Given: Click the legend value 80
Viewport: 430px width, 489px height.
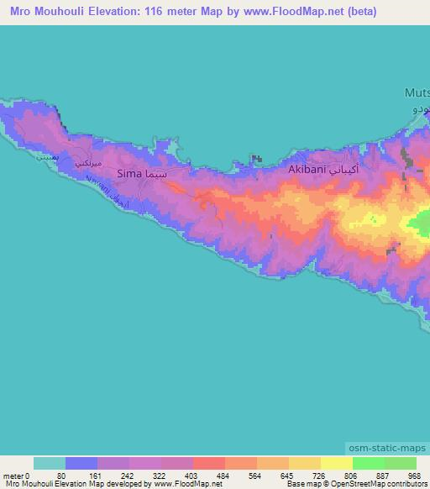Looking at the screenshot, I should tap(61, 476).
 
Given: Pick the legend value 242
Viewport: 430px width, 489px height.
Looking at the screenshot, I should tap(127, 476).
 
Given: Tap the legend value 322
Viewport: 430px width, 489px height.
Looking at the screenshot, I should tap(160, 476).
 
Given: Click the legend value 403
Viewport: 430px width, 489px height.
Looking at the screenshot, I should tap(192, 476).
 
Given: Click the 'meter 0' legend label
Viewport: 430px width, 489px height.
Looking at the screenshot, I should tap(16, 476).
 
